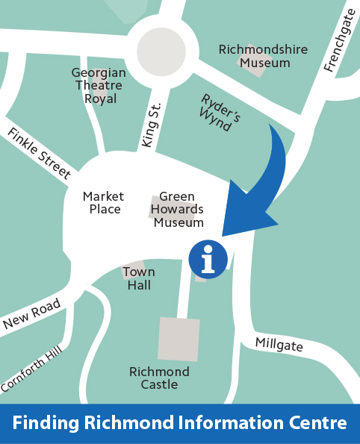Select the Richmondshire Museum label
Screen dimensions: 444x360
coord(253,56)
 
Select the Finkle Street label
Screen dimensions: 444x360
coord(40,154)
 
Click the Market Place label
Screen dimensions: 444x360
coord(104,202)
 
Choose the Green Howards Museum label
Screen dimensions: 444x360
coord(179,209)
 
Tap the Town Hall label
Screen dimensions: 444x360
coord(138,278)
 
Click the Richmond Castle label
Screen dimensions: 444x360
coord(159,378)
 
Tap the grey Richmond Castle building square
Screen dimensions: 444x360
coord(179,339)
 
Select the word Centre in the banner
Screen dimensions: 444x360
coord(317,422)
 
